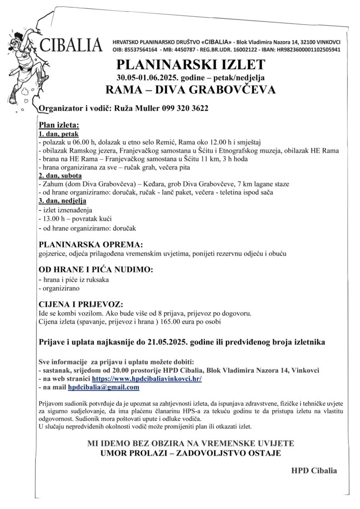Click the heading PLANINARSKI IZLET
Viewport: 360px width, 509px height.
pyautogui.click(x=190, y=65)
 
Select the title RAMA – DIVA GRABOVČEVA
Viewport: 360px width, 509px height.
pyautogui.click(x=190, y=89)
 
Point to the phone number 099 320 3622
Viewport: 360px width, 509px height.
pyautogui.click(x=185, y=108)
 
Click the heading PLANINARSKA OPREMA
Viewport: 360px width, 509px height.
pyautogui.click(x=90, y=245)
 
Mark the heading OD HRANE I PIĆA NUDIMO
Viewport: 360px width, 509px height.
pyautogui.click(x=96, y=270)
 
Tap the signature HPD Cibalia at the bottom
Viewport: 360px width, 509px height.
pyautogui.click(x=314, y=471)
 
